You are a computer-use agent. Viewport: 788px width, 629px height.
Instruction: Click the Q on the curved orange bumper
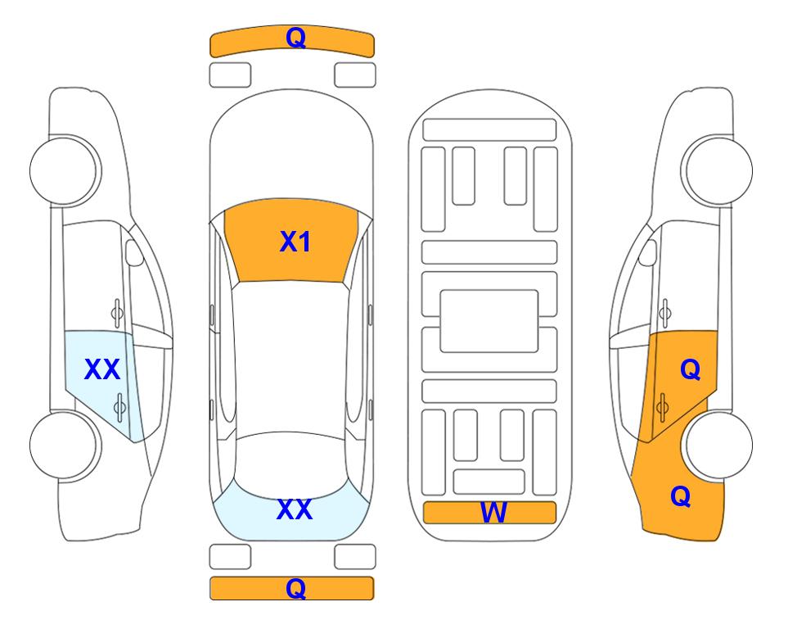(295, 38)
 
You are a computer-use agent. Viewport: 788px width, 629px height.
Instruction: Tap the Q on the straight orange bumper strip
(295, 588)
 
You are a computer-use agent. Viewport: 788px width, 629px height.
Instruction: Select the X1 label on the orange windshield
(295, 242)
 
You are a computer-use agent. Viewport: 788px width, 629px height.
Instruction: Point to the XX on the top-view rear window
(295, 509)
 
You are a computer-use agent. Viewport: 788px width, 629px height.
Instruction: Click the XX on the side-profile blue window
(102, 369)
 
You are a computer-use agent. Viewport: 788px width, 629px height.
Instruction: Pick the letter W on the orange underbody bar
(493, 513)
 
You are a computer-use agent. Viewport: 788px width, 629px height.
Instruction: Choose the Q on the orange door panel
(690, 370)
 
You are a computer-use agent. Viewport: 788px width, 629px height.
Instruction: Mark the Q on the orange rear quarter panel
(681, 496)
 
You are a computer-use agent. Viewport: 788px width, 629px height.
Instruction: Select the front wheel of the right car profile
(719, 171)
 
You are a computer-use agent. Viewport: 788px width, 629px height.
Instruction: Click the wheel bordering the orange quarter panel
(719, 445)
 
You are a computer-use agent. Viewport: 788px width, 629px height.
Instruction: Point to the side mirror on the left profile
(133, 252)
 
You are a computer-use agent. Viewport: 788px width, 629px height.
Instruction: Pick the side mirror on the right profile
(647, 252)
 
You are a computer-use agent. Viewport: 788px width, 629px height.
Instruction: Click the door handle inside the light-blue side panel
(119, 407)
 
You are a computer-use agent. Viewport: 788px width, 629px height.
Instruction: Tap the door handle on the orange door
(662, 407)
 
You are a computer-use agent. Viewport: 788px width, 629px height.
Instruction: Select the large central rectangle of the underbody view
(489, 321)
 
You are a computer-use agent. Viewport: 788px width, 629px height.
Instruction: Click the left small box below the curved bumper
(230, 75)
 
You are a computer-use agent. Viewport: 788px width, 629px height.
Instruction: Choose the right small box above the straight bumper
(355, 557)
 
